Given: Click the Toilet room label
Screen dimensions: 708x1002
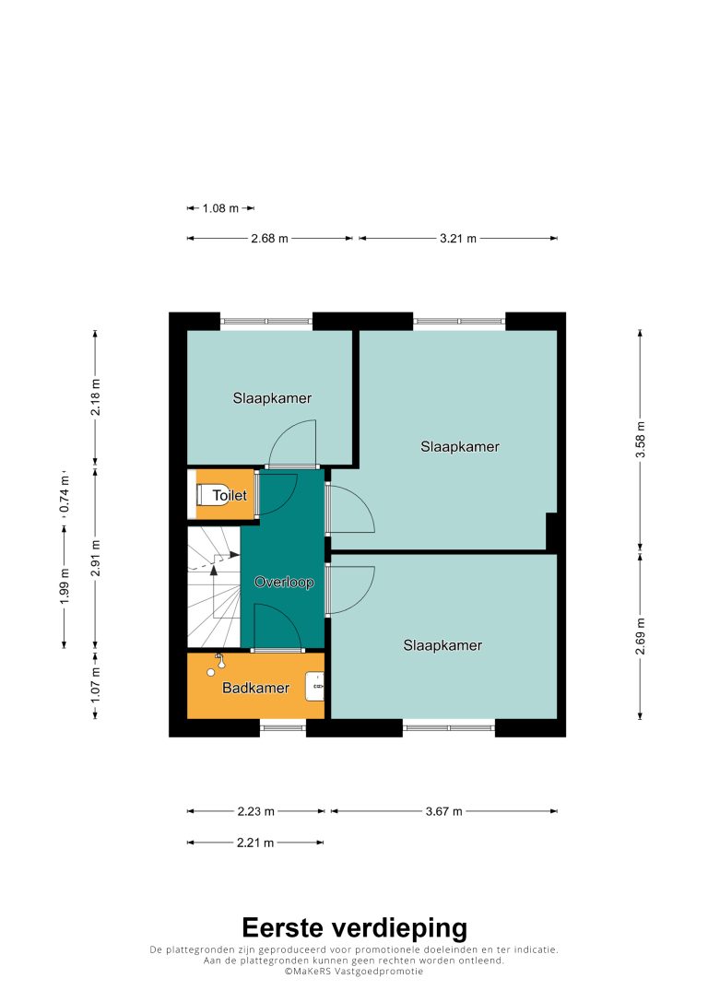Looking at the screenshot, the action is coord(230,495).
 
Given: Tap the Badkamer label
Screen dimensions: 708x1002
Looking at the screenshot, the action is coord(255,689).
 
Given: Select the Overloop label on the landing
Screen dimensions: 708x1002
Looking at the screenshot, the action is coord(284,583).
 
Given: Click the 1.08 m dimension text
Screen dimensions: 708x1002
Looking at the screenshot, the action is coord(220,208).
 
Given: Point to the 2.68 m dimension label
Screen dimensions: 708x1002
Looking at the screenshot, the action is coord(270,239).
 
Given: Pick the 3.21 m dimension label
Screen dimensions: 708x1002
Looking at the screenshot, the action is coord(458,239).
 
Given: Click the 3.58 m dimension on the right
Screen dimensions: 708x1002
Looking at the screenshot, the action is coord(641,440).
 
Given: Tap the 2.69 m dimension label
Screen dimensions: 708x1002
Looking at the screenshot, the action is coord(641,636).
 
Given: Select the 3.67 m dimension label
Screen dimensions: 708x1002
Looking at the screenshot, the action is coord(444,811).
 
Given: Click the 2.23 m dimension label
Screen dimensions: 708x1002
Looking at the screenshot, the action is coord(255,811).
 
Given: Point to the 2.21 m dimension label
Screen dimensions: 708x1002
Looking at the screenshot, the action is coord(255,843).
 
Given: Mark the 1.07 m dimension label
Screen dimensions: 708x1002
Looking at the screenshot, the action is coord(96,685).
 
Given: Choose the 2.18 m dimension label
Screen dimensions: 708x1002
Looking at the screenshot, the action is coord(96,397).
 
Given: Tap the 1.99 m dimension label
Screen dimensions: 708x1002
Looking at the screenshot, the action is coord(64,585).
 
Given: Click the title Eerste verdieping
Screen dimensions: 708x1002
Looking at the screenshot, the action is coord(355,928).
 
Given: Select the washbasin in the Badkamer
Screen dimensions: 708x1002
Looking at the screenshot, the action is coord(314,687).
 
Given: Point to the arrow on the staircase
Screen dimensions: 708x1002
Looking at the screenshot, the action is coord(214,591).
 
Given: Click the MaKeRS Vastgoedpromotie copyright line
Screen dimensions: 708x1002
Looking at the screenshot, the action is coord(354,972).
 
